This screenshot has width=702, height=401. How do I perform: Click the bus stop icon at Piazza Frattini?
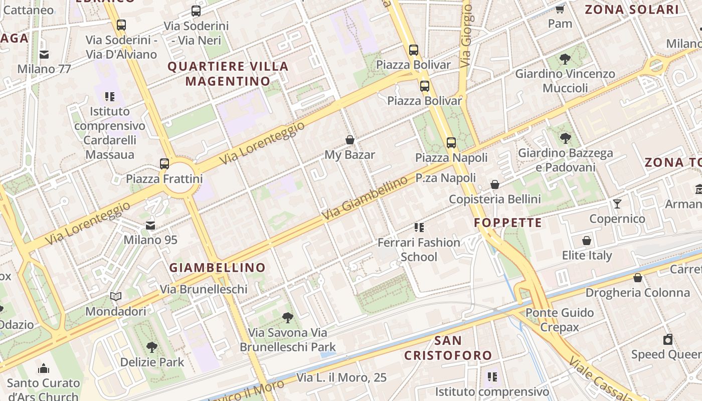[x=164, y=163]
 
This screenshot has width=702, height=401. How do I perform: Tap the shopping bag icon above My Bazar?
[x=350, y=140]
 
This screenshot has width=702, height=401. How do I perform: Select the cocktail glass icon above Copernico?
[x=617, y=204]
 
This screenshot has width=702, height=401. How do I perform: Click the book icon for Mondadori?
[x=116, y=296]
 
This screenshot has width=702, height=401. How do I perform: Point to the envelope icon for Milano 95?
[x=150, y=225]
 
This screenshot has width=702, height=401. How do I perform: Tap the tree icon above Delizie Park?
[x=151, y=347]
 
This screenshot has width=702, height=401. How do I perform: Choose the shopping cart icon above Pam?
[x=560, y=9]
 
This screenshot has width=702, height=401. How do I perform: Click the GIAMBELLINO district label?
[x=217, y=268]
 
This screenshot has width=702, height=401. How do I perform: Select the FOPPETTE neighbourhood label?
[x=508, y=223]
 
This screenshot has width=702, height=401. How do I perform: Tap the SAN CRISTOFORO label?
[x=448, y=348]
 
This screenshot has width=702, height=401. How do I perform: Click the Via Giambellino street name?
[x=365, y=199]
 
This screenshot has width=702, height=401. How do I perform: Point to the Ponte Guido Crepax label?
[x=560, y=320]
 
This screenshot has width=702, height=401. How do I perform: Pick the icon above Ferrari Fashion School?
[x=419, y=228]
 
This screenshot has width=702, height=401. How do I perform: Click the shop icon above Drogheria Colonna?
[x=638, y=277]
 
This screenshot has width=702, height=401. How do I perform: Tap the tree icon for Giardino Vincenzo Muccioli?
[x=565, y=59]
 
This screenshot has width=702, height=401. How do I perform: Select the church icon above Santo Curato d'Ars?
[x=44, y=368]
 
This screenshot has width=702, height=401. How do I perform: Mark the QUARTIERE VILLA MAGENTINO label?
[x=228, y=73]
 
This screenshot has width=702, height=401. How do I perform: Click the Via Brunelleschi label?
[x=204, y=289]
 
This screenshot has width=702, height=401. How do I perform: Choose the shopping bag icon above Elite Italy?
[x=587, y=241]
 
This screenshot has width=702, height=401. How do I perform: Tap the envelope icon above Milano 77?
[x=44, y=54]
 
